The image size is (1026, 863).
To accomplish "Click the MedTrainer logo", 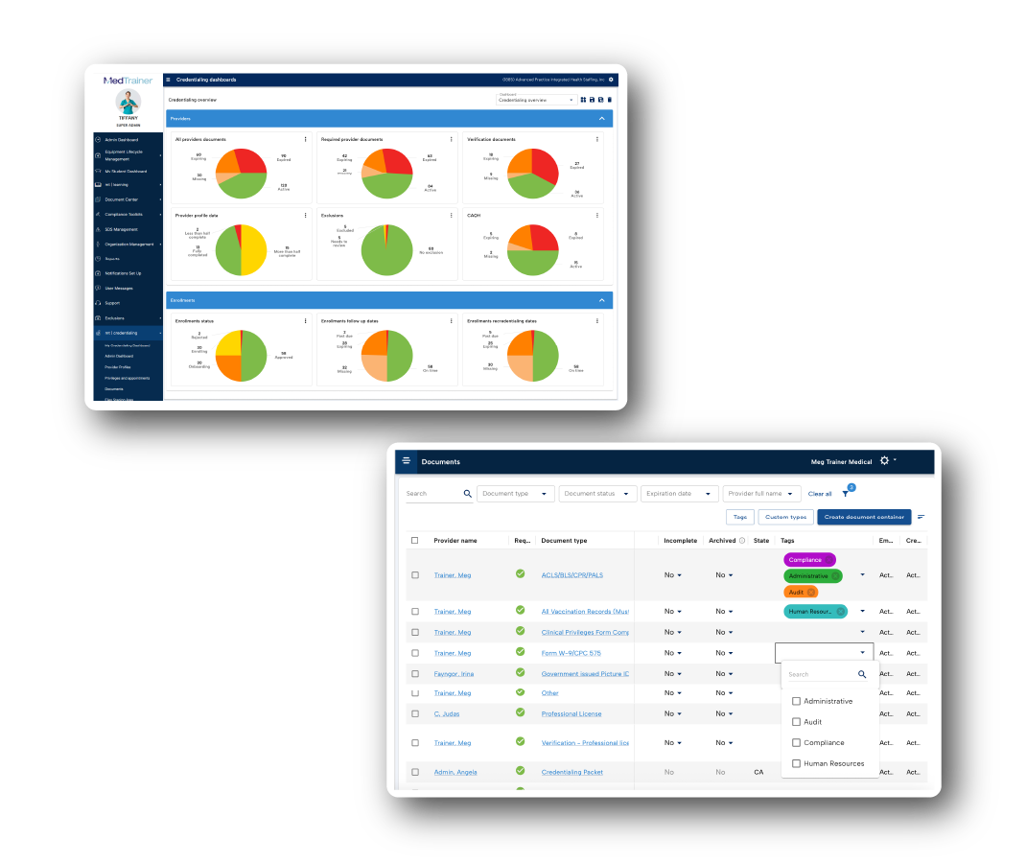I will pos(128,81).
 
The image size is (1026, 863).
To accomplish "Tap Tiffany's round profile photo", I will pos(128,103).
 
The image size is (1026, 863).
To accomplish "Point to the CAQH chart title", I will pos(474,216).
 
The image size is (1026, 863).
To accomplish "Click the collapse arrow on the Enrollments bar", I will pos(602,300).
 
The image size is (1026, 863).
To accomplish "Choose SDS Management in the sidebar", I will pos(122,229).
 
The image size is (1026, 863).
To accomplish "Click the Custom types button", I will pos(786,517).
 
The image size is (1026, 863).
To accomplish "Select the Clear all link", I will pos(820,494).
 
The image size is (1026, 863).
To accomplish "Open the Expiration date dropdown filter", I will pos(680,494).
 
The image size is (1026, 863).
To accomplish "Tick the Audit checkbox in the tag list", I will pos(797,722).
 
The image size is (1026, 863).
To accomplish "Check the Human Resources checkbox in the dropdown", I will pos(797,764).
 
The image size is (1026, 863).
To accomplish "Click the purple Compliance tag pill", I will pos(809,560).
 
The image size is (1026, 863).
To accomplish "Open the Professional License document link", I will pos(572,714).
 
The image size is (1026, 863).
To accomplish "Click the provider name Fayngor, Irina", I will pos(454,674).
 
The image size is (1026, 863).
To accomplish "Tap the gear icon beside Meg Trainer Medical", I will pos(884,461).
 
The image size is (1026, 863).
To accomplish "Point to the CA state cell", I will pos(759,772).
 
